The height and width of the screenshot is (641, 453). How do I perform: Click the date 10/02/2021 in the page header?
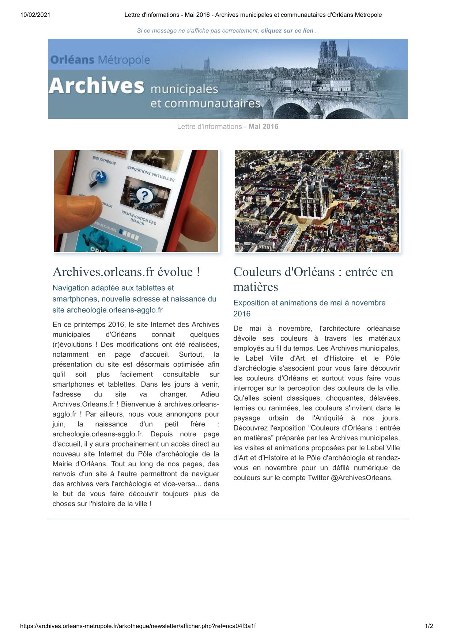[35, 15]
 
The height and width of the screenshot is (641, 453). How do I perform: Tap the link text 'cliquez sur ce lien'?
[287, 31]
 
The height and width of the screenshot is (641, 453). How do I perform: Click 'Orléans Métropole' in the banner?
[100, 60]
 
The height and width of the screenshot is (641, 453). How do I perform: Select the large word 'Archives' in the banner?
[96, 86]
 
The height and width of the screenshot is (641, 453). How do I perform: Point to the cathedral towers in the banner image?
[328, 53]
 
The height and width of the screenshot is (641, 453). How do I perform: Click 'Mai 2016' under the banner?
[263, 126]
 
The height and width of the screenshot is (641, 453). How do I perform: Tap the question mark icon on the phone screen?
[144, 196]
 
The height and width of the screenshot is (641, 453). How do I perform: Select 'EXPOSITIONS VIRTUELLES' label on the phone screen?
[151, 174]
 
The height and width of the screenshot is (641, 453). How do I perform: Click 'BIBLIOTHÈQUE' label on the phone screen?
[104, 160]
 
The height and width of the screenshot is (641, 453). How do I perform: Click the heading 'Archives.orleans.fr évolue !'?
[126, 272]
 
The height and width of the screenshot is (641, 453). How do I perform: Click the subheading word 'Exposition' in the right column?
[252, 303]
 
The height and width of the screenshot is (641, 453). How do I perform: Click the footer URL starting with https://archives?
[138, 626]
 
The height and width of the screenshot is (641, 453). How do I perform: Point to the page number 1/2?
[429, 626]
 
